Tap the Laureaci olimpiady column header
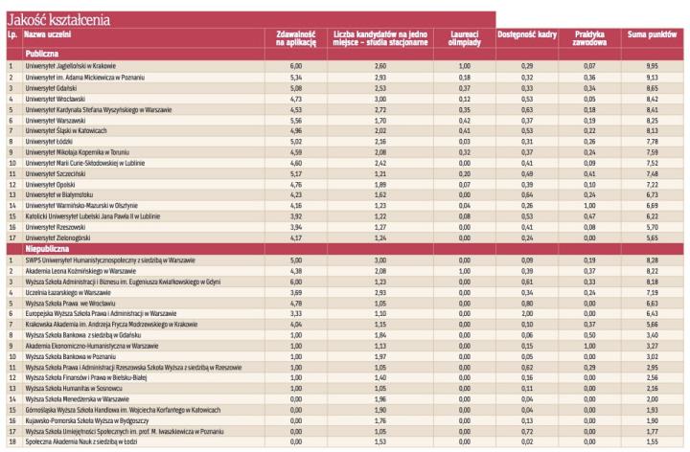point(464,38)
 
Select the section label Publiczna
point(43,54)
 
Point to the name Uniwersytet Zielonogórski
point(57,237)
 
